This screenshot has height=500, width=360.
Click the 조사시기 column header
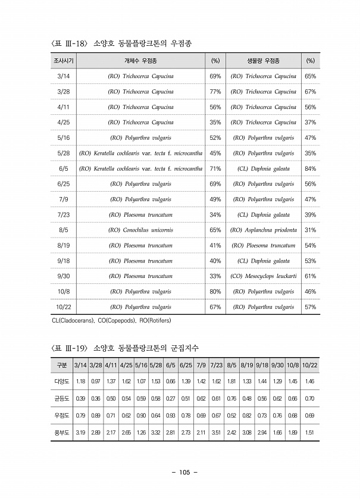click(63, 61)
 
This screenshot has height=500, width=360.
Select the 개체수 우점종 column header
click(140, 61)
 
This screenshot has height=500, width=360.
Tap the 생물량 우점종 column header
click(263, 61)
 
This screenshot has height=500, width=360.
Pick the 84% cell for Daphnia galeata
click(310, 168)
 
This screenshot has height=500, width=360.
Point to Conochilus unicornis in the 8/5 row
click(140, 230)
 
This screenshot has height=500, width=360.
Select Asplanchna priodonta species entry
click(263, 230)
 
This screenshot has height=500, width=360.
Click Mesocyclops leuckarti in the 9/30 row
click(263, 276)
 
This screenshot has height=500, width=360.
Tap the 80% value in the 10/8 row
click(215, 292)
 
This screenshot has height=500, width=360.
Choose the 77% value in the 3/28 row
click(215, 92)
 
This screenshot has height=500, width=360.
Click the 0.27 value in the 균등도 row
click(170, 398)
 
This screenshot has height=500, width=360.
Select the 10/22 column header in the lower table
click(309, 365)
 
